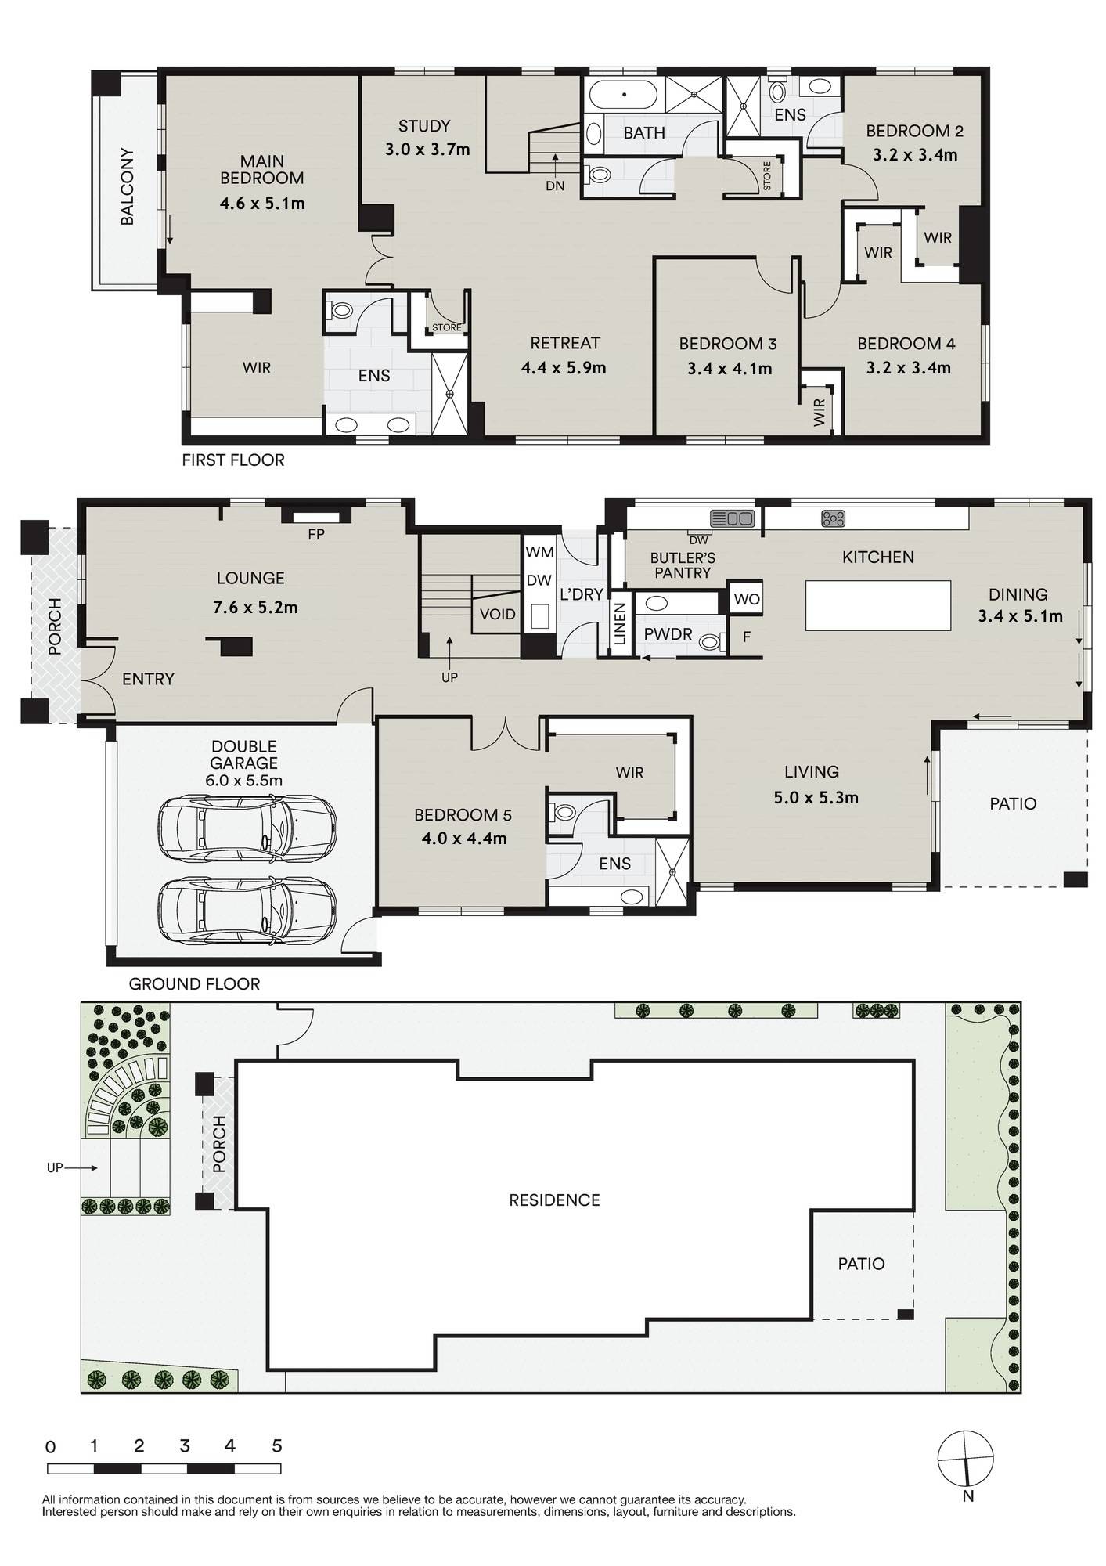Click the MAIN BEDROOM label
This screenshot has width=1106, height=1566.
click(262, 170)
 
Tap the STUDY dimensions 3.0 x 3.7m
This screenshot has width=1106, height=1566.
click(427, 150)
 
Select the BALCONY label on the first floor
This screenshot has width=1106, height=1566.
click(127, 186)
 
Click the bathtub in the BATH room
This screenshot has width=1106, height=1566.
click(624, 96)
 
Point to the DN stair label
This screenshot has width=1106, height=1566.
click(555, 186)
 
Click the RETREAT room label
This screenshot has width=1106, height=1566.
click(565, 343)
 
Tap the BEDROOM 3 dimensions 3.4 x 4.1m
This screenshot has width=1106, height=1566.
click(730, 369)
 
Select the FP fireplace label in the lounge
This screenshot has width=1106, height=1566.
click(316, 535)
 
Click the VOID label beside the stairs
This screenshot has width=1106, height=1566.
click(497, 614)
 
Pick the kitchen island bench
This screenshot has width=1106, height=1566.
click(878, 605)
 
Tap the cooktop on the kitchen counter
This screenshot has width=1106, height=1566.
click(834, 518)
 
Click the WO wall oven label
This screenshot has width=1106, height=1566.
click(747, 599)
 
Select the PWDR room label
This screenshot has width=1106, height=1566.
click(668, 634)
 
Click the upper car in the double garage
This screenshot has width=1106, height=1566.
click(247, 828)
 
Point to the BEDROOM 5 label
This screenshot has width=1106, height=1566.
click(463, 815)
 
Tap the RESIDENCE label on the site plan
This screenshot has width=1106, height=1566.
click(554, 1200)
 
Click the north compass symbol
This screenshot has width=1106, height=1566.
click(967, 1459)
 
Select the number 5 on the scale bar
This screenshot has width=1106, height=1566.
click(277, 1446)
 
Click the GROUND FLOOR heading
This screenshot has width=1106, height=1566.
click(194, 984)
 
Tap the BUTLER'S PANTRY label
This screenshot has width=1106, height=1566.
click(683, 565)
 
